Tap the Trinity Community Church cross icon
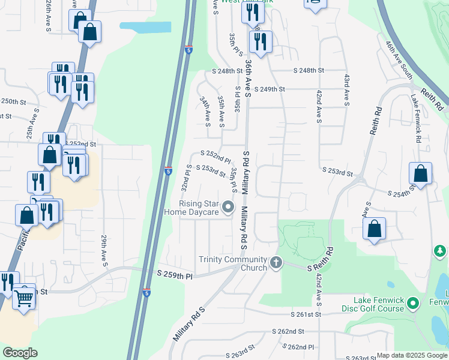(x=276, y=262)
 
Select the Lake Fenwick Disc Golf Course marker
(x=413, y=304)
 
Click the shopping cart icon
(x=24, y=296)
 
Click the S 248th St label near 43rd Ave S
(x=309, y=70)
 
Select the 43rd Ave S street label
(x=346, y=90)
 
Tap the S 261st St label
(x=306, y=314)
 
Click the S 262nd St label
(x=289, y=331)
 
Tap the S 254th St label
(x=402, y=194)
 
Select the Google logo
(x=20, y=353)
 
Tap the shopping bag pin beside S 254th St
(x=421, y=174)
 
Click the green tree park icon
(x=439, y=250)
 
